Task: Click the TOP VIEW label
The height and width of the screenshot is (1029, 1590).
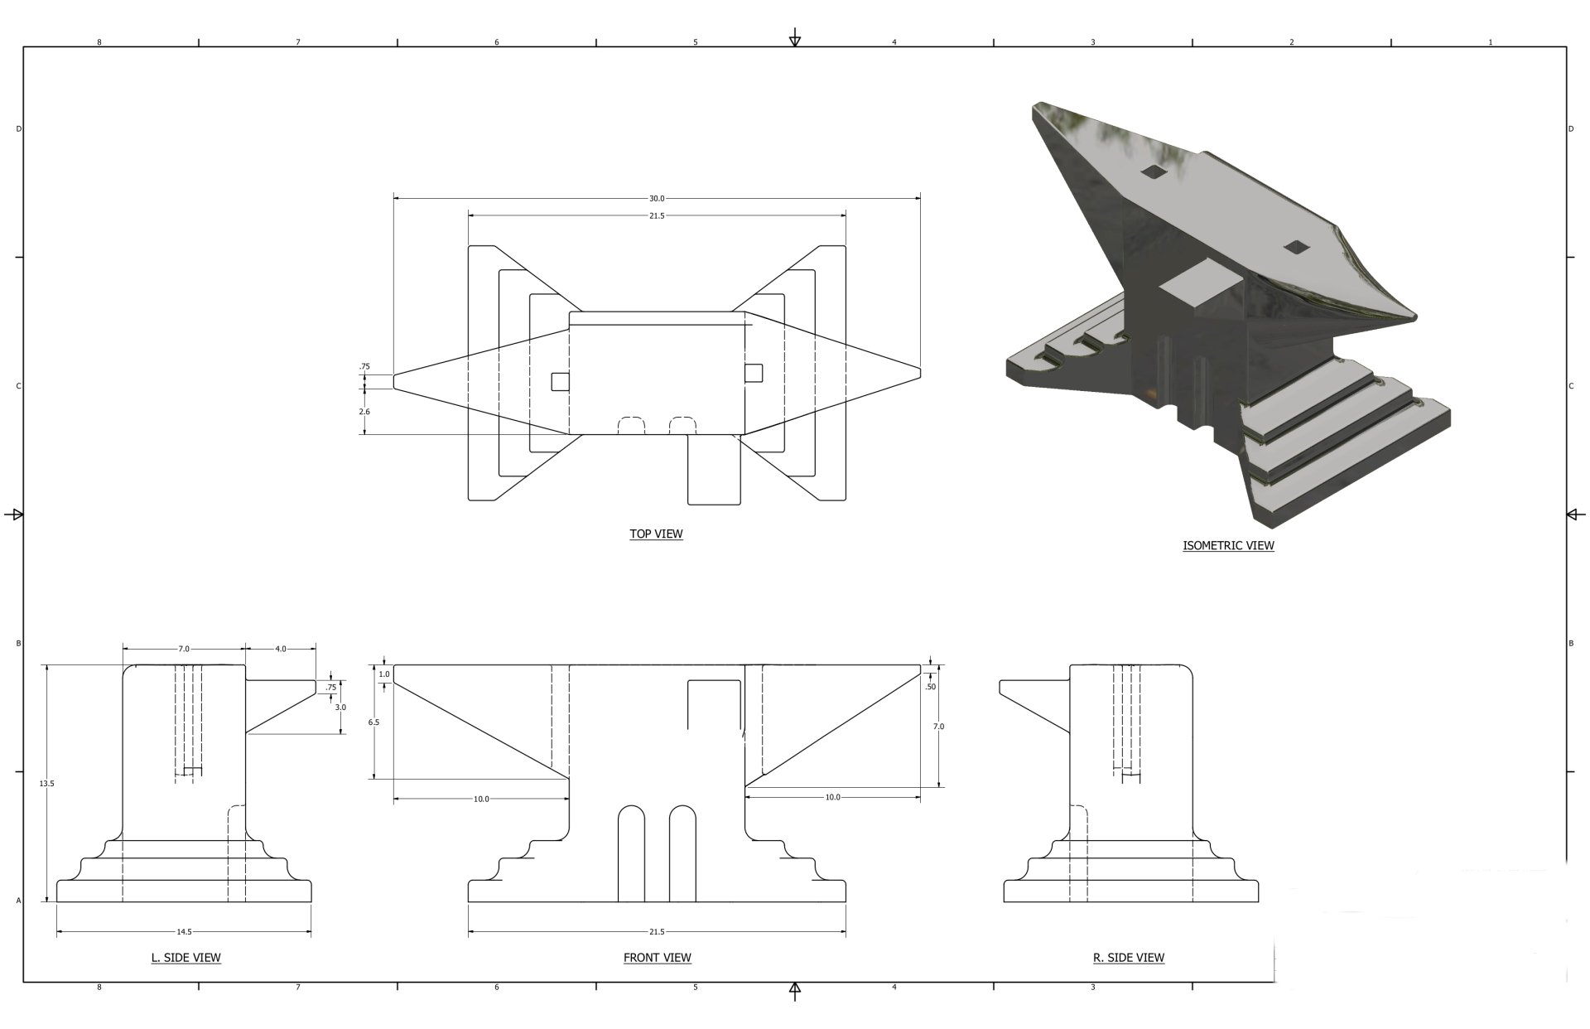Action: [x=656, y=534]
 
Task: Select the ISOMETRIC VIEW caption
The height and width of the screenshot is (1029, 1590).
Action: [x=1228, y=545]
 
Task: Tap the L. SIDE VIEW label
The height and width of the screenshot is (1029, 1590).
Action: [x=185, y=958]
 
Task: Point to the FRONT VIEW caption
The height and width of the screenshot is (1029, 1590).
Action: [x=657, y=958]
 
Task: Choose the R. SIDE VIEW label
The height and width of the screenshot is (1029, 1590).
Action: [x=1128, y=958]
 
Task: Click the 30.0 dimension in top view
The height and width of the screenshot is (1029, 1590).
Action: [x=656, y=199]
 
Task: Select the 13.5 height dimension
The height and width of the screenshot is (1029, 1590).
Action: [x=46, y=783]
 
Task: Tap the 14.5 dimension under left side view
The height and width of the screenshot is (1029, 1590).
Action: [x=184, y=932]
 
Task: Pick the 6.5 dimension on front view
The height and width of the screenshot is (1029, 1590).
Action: [x=373, y=722]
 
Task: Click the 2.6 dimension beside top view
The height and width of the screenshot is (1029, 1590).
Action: [x=364, y=412]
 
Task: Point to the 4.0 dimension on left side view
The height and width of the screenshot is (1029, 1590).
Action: [x=281, y=649]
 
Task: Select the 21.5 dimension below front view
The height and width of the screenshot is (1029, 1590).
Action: [x=657, y=932]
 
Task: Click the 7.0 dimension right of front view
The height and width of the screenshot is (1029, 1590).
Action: [x=938, y=727]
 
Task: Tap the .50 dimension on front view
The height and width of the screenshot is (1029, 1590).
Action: [x=930, y=687]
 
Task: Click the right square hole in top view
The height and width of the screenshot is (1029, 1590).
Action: [x=753, y=373]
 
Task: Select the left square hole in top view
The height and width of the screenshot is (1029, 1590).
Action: [x=561, y=381]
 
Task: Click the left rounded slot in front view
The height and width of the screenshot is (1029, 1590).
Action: [x=631, y=853]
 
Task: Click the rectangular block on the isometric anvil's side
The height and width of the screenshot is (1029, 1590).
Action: [x=1201, y=286]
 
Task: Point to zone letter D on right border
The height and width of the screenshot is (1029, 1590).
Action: [x=1570, y=129]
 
